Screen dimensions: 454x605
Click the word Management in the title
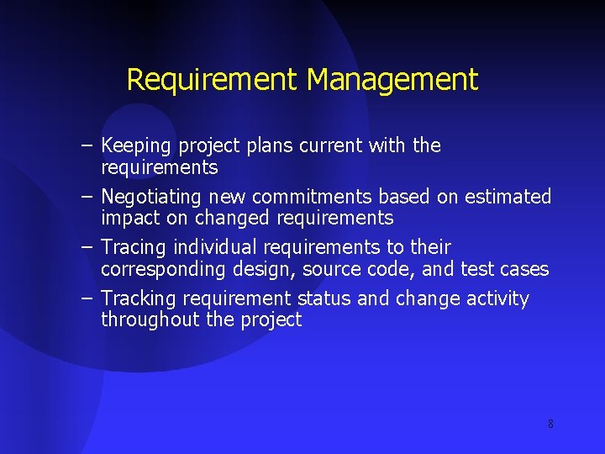[392, 80]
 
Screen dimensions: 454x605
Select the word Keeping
[135, 146]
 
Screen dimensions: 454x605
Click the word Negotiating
[151, 198]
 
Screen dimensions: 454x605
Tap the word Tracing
[134, 248]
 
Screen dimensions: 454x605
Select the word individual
[216, 247]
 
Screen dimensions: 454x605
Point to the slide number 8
[550, 425]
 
